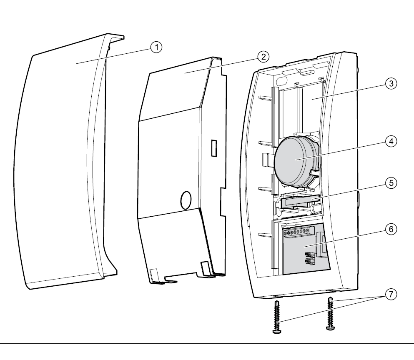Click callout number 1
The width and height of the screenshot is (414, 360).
click(x=156, y=47)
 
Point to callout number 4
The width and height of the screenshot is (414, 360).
click(x=390, y=141)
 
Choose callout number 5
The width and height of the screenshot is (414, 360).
click(x=390, y=182)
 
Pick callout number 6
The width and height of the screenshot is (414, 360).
click(x=390, y=229)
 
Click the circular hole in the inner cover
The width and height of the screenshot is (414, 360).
click(x=185, y=200)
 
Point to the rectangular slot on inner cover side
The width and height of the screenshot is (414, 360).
click(x=214, y=148)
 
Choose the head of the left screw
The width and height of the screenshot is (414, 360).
click(x=276, y=331)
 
